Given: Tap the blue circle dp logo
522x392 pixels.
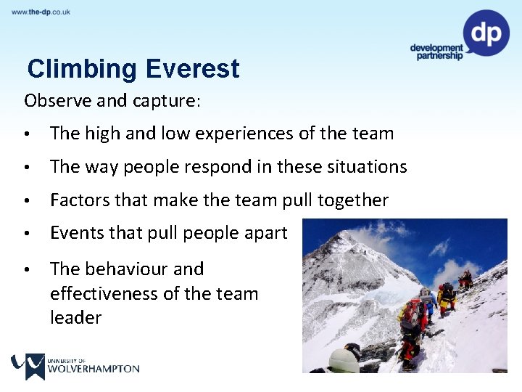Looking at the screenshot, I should tap(486, 33).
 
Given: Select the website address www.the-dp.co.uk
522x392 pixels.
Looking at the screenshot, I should tap(41, 12).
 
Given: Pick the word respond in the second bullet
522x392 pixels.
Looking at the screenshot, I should tap(211, 167).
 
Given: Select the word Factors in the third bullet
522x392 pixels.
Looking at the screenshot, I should tap(78, 200).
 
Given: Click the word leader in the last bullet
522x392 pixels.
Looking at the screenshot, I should tap(75, 317).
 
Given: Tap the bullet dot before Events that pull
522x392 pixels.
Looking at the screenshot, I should tap(26, 234).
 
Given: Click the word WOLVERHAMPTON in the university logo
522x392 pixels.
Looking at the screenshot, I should tap(94, 368).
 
